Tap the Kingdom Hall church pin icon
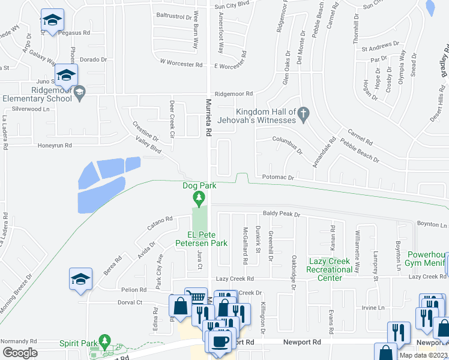pyautogui.click(x=304, y=113)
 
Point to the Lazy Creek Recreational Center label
pyautogui.click(x=330, y=265)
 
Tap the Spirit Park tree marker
pyautogui.click(x=105, y=342)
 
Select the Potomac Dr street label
pyautogui.click(x=278, y=178)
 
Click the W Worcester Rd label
pyautogui.click(x=181, y=62)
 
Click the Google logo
pyautogui.click(x=20, y=352)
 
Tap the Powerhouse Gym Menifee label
pyautogui.click(x=427, y=258)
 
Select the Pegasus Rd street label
pyautogui.click(x=74, y=34)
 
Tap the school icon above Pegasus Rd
pyautogui.click(x=52, y=20)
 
